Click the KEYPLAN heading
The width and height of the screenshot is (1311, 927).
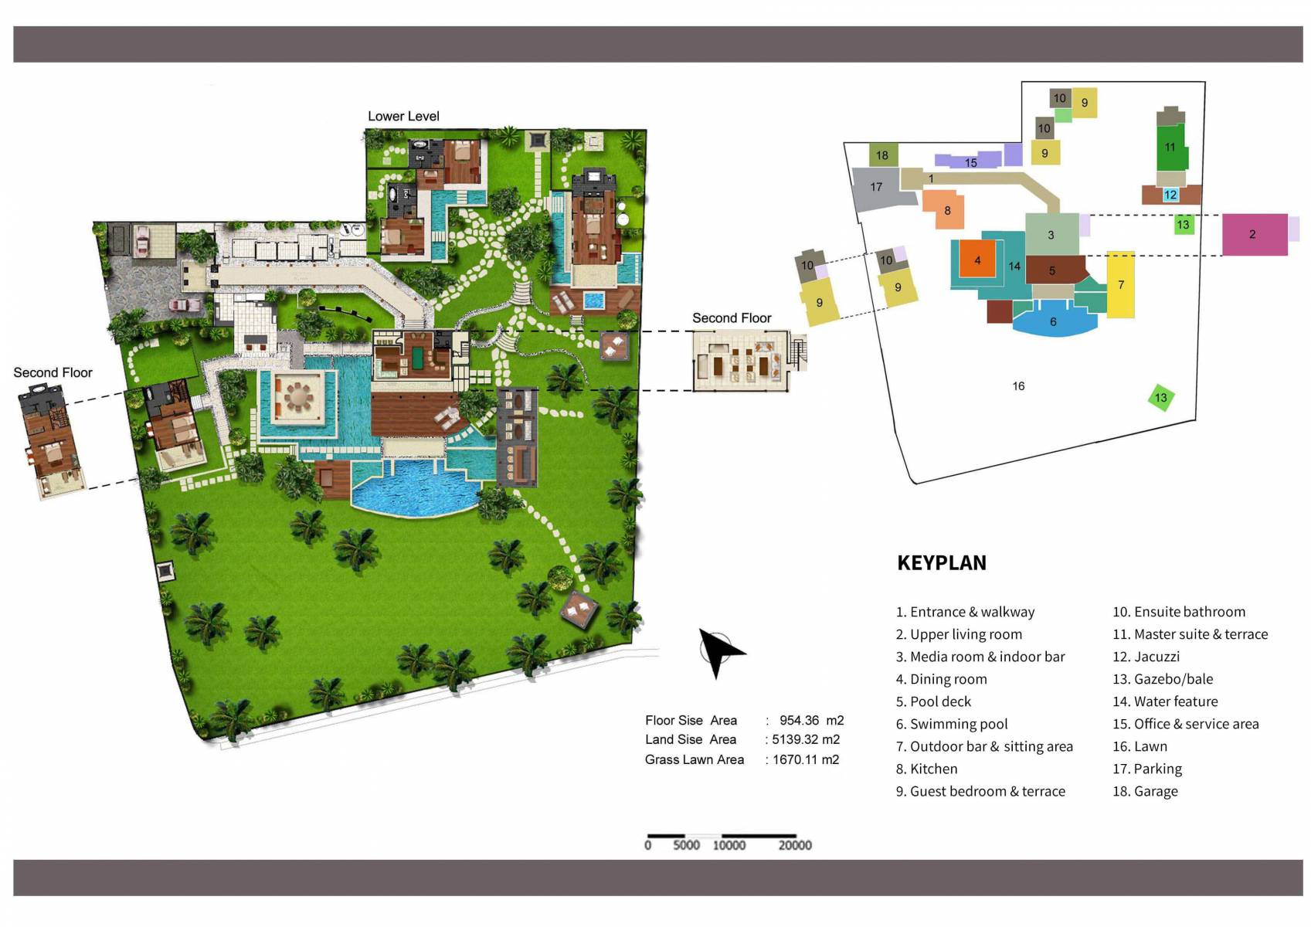click(x=941, y=562)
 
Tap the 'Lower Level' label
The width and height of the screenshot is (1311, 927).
click(x=403, y=116)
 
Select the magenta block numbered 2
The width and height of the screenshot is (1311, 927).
click(x=1254, y=234)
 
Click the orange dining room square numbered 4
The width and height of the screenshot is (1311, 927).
click(x=977, y=260)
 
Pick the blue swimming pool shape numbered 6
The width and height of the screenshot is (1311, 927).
click(x=1053, y=323)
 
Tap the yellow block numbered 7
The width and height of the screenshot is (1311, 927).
click(x=1120, y=284)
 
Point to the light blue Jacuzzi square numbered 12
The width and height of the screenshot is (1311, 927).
click(x=1170, y=195)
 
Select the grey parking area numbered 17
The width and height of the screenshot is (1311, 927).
click(x=875, y=188)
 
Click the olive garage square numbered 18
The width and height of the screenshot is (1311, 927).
click(x=882, y=155)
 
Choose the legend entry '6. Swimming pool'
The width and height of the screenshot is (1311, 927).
click(x=951, y=724)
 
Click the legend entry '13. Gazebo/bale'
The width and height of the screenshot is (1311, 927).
click(x=1162, y=679)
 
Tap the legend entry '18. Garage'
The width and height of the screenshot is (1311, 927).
click(x=1145, y=791)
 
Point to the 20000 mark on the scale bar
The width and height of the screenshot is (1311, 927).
click(x=794, y=844)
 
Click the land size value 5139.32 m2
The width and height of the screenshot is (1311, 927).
click(x=804, y=739)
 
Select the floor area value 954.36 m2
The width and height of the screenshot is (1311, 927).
click(x=810, y=720)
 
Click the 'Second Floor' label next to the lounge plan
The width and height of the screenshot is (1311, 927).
click(x=731, y=317)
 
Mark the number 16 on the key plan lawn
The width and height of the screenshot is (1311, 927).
click(x=1018, y=386)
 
